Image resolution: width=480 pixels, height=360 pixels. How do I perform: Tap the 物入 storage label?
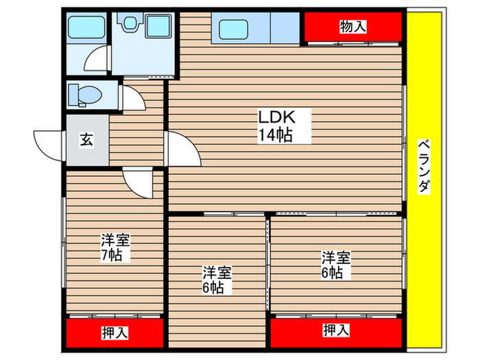352,27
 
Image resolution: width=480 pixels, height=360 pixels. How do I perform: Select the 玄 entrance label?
86,140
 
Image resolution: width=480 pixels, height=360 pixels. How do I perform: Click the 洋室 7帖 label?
115,248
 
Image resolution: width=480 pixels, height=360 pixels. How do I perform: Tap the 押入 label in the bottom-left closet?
114,334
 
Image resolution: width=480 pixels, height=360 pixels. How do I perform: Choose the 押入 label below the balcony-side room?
335,331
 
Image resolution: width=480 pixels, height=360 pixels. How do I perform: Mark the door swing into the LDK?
182,148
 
